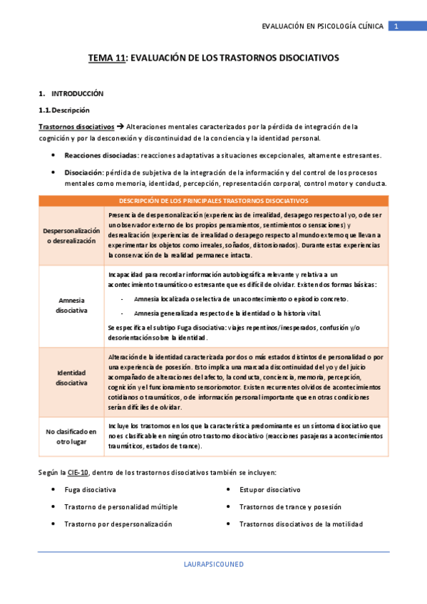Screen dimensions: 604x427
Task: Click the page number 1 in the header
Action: coord(397,26)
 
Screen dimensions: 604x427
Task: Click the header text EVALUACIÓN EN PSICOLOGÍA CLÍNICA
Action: coord(323,26)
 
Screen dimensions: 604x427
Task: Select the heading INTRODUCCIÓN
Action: coord(78,93)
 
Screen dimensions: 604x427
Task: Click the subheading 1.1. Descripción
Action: coord(63,110)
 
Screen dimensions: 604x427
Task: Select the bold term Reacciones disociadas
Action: coord(101,155)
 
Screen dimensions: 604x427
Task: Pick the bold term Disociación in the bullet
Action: coord(83,172)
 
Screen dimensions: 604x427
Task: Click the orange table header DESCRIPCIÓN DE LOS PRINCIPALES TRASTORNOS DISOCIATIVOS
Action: coord(213,201)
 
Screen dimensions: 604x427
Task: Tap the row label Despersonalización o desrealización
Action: coord(71,236)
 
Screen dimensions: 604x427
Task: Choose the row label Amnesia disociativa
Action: coord(71,306)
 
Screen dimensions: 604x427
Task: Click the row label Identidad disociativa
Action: coord(71,378)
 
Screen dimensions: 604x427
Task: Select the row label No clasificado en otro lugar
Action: coord(71,436)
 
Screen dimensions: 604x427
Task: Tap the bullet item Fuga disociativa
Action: coord(90,490)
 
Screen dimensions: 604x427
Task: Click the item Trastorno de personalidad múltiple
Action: coord(120,507)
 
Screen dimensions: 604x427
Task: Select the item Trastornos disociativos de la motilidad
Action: coord(301,524)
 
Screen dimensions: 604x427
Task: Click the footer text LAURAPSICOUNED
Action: coord(213,564)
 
